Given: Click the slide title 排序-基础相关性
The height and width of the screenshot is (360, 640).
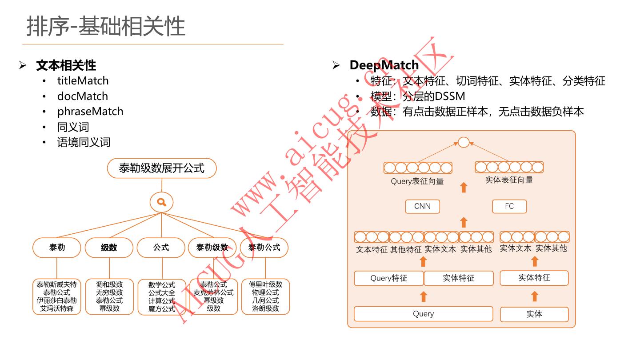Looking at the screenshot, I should (x=106, y=26).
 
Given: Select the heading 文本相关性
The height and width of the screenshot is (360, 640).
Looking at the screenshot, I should (x=66, y=65).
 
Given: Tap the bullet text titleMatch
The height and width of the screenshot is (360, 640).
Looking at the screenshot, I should (x=83, y=81).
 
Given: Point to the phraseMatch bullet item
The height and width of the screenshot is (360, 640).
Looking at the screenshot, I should (x=90, y=112).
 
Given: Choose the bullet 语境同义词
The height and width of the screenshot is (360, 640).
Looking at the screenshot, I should (x=84, y=142).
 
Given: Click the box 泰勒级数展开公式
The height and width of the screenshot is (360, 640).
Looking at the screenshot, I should (x=162, y=168).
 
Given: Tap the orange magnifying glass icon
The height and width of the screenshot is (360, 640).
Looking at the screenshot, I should (x=162, y=203).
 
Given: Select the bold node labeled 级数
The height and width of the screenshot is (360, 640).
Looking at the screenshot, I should (x=109, y=248).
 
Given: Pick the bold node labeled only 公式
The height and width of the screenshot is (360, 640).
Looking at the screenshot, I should (x=161, y=248).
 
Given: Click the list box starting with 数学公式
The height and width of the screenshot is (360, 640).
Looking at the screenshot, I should (x=162, y=297).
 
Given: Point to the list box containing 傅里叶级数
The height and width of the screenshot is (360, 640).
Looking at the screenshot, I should (x=265, y=296).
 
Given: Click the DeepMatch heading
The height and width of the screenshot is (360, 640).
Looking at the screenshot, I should (x=384, y=65).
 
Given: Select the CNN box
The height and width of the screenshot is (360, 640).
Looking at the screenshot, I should (x=422, y=206).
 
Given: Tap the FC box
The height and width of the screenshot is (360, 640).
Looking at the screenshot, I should (x=509, y=206).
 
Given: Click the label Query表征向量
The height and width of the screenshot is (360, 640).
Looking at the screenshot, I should (x=417, y=181).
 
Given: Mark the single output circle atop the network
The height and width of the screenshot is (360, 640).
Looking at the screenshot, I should (x=464, y=142).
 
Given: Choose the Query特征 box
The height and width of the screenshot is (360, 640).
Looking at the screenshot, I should (x=388, y=278).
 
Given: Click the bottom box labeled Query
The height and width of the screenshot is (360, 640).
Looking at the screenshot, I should (x=423, y=314).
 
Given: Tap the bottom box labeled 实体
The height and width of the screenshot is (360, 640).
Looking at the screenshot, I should (x=534, y=314).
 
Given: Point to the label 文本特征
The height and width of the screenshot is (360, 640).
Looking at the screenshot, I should (x=372, y=249).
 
